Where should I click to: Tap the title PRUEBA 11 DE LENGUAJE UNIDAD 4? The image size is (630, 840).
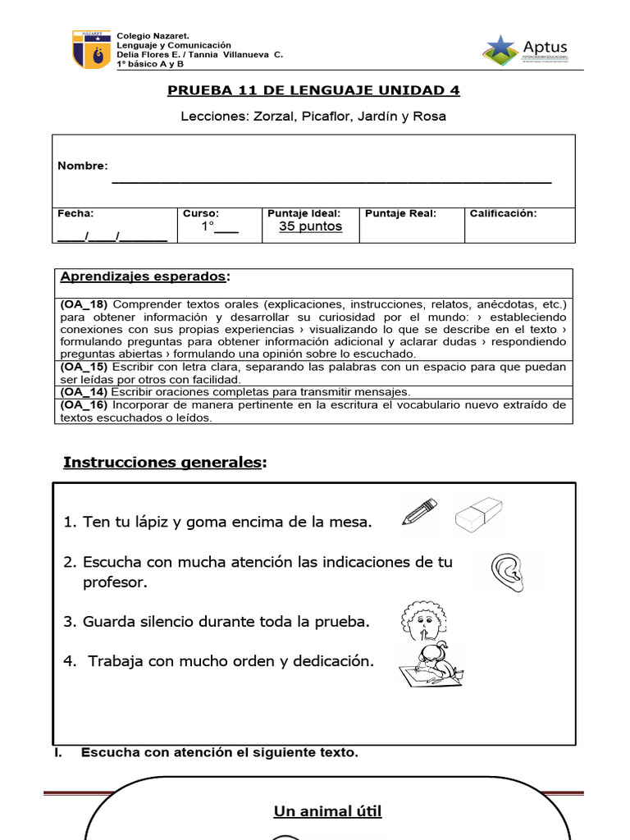pyautogui.click(x=314, y=90)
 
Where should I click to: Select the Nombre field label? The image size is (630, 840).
pyautogui.click(x=82, y=166)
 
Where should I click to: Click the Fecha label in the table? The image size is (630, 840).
pyautogui.click(x=75, y=213)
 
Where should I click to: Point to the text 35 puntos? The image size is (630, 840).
pyautogui.click(x=310, y=226)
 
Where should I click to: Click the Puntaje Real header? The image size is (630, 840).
pyautogui.click(x=400, y=213)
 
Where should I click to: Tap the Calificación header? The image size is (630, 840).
pyautogui.click(x=503, y=213)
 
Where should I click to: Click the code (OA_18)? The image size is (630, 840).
pyautogui.click(x=84, y=304)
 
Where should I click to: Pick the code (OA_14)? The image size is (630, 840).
pyautogui.click(x=84, y=392)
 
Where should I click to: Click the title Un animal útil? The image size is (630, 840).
pyautogui.click(x=327, y=812)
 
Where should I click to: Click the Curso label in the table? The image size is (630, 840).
pyautogui.click(x=200, y=213)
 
